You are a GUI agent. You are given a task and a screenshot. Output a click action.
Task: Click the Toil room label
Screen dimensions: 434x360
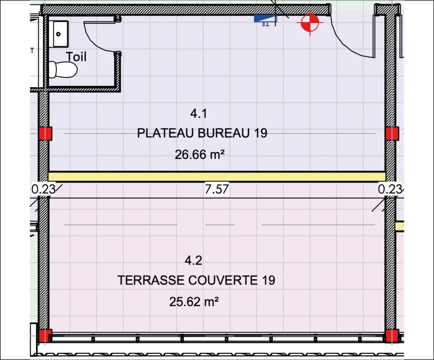76,57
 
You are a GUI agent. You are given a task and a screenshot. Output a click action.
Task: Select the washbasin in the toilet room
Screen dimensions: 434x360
61,34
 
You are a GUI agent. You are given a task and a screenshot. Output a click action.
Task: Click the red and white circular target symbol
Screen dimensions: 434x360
310,22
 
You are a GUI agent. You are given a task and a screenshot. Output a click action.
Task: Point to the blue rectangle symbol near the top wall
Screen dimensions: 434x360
265,19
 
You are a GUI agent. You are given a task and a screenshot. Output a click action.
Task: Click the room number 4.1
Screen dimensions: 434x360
199,114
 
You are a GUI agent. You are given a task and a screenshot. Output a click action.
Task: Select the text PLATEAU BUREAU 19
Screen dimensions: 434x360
202,133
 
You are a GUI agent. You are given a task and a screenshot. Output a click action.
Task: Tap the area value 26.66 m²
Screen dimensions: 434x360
200,154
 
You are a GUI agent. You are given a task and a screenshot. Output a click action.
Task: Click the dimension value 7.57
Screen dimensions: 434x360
217,189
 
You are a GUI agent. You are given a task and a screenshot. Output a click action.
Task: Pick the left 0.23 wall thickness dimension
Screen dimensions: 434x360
43,189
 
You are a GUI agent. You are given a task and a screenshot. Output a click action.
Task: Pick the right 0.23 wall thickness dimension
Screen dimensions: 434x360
390,189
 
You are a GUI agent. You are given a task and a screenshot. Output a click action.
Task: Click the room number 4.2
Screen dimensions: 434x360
193,260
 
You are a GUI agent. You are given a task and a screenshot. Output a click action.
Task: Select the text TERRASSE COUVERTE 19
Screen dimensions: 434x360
196,280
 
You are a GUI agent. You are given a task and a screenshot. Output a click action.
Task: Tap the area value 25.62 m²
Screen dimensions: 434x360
194,302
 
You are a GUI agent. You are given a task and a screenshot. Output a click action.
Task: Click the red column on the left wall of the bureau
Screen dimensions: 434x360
45,133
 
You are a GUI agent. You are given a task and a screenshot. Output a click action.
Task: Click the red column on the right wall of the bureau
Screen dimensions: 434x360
392,133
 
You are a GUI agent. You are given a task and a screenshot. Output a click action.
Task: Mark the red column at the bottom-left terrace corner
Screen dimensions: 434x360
45,336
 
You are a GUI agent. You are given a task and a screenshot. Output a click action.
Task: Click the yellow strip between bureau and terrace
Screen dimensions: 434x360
217,177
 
